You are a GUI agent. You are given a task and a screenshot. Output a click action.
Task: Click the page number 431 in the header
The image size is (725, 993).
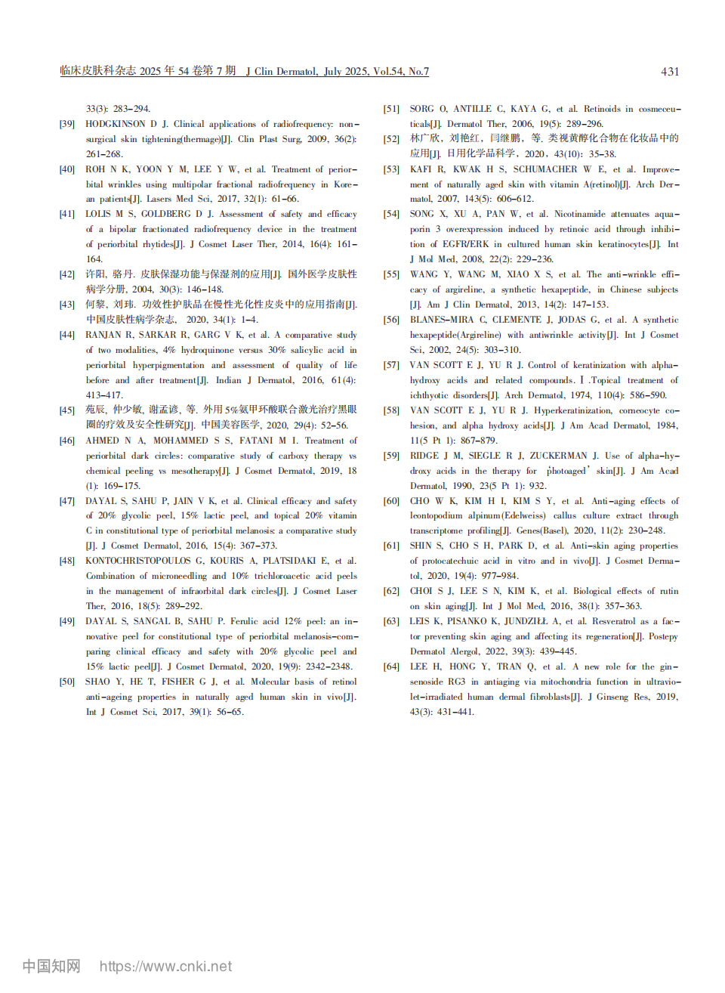670,72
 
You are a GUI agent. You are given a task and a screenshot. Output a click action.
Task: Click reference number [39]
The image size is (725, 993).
67,124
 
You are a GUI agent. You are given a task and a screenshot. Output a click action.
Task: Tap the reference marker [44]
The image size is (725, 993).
67,335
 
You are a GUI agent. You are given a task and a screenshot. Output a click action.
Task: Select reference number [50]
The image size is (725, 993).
67,682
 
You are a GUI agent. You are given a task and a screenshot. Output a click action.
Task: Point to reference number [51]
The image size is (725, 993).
391,109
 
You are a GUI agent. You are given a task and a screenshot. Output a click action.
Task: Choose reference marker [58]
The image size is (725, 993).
391,410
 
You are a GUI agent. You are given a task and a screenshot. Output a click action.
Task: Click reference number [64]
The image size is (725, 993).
391,667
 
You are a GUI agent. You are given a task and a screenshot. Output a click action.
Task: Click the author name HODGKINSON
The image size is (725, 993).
116,124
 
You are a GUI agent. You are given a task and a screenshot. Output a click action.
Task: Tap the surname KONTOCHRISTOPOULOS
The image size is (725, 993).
138,561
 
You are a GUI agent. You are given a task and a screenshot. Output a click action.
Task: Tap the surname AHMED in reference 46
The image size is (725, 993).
102,441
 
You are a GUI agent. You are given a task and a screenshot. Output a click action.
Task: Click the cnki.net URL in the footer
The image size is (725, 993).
165,966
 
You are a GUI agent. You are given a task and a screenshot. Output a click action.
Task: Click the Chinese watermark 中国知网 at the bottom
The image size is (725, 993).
51,966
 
